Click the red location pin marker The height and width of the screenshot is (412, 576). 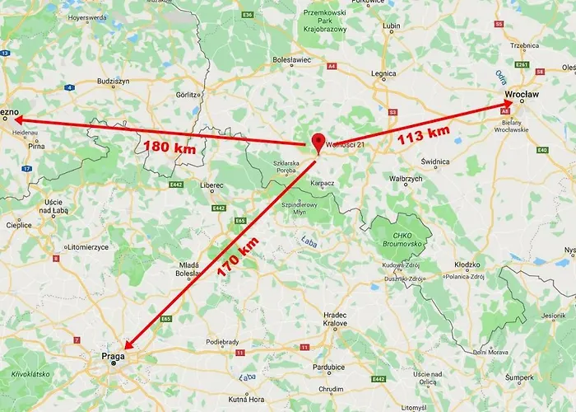(x=318, y=141)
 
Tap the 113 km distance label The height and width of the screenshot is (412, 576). (x=423, y=133)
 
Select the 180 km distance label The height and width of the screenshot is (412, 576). (x=170, y=148)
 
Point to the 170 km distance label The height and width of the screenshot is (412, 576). (x=239, y=255)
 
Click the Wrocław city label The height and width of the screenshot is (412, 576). (x=522, y=95)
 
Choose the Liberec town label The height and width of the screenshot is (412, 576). (x=211, y=185)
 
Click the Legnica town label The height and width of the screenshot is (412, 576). (x=383, y=73)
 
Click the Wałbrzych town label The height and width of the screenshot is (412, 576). (x=405, y=178)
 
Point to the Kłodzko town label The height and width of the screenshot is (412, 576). (x=467, y=265)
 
